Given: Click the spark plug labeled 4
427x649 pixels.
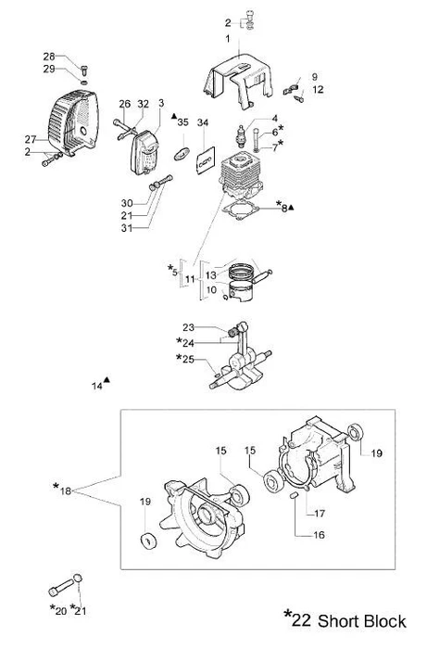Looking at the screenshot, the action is click(241, 135).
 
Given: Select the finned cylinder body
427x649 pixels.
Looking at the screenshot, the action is click(239, 174).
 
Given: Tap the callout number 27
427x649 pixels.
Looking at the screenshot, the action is click(31, 139).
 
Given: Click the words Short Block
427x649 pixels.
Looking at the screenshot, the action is click(362, 622).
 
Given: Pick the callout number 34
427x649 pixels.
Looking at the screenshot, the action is click(203, 122).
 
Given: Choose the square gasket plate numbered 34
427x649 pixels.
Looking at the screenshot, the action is click(205, 160).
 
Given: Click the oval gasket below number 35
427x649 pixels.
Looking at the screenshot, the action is click(181, 153).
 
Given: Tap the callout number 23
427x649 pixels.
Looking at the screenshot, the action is click(189, 327).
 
